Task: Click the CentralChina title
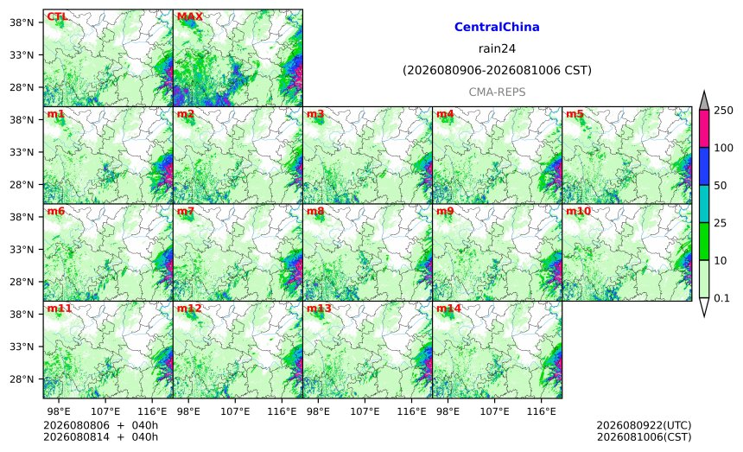pos(497,27)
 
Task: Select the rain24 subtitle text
pos(497,48)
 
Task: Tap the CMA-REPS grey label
pos(497,92)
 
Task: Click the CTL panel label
pos(57,17)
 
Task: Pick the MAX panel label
pos(189,17)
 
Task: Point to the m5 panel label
pos(575,114)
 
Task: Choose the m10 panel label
pos(578,212)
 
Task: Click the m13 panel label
pos(319,309)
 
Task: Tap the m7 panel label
pos(185,212)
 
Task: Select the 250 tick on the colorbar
pos(724,111)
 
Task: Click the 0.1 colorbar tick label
pos(721,298)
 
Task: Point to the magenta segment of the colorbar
pos(703,129)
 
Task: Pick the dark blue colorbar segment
pos(703,166)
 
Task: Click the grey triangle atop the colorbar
pos(703,102)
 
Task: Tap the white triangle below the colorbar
pos(703,306)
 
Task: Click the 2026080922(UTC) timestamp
pos(644,425)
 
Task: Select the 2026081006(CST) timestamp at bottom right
pos(644,436)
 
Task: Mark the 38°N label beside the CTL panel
pos(22,22)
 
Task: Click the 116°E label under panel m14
pos(541,411)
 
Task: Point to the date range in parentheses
pos(497,70)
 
